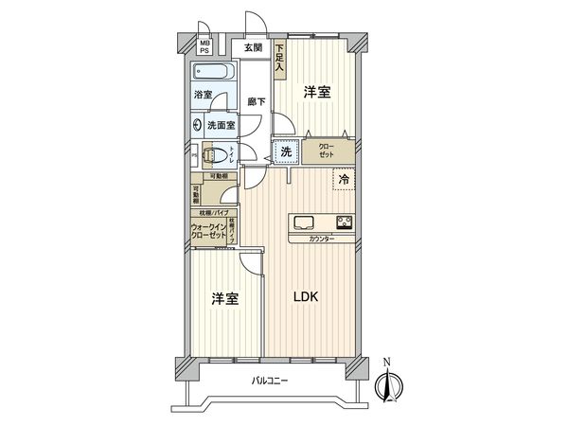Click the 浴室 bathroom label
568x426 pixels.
point(204,95)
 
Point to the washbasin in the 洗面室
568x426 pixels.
point(197,123)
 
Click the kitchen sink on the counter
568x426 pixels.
point(304,223)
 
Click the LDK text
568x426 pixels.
point(305,297)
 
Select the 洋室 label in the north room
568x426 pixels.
point(317,92)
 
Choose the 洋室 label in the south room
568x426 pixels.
point(224,297)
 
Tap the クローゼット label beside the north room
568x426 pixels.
point(326,151)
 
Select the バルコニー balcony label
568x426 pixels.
point(271,381)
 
